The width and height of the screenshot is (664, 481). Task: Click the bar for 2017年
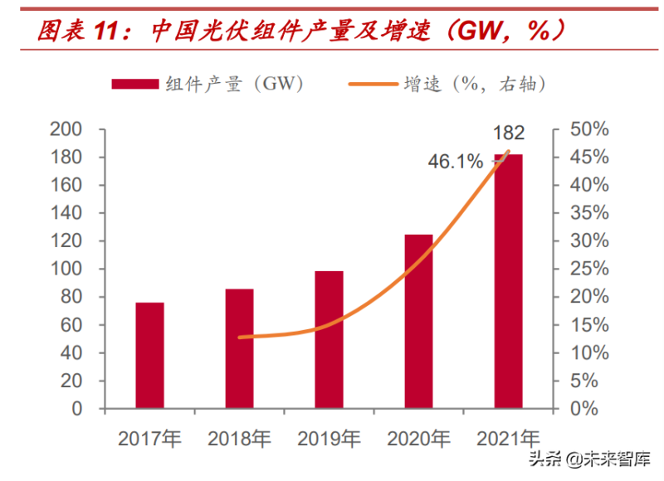[149, 356]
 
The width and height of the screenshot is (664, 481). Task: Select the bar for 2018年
[239, 348]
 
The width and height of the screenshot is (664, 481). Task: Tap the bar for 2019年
[330, 340]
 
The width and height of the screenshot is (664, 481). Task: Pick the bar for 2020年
[418, 322]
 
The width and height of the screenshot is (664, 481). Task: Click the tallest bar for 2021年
[508, 282]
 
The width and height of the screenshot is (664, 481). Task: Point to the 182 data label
[509, 133]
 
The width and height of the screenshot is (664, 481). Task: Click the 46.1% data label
[455, 163]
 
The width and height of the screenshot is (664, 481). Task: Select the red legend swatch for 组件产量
[135, 83]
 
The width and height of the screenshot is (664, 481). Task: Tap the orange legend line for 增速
[371, 83]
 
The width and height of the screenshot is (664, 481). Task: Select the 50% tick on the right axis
[591, 129]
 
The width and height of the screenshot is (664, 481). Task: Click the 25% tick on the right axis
[591, 270]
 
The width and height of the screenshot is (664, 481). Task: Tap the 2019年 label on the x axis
[330, 438]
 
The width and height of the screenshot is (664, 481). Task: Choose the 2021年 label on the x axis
[508, 438]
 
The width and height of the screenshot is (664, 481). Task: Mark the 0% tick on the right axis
[586, 409]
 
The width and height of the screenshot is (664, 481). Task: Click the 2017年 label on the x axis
[149, 438]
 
